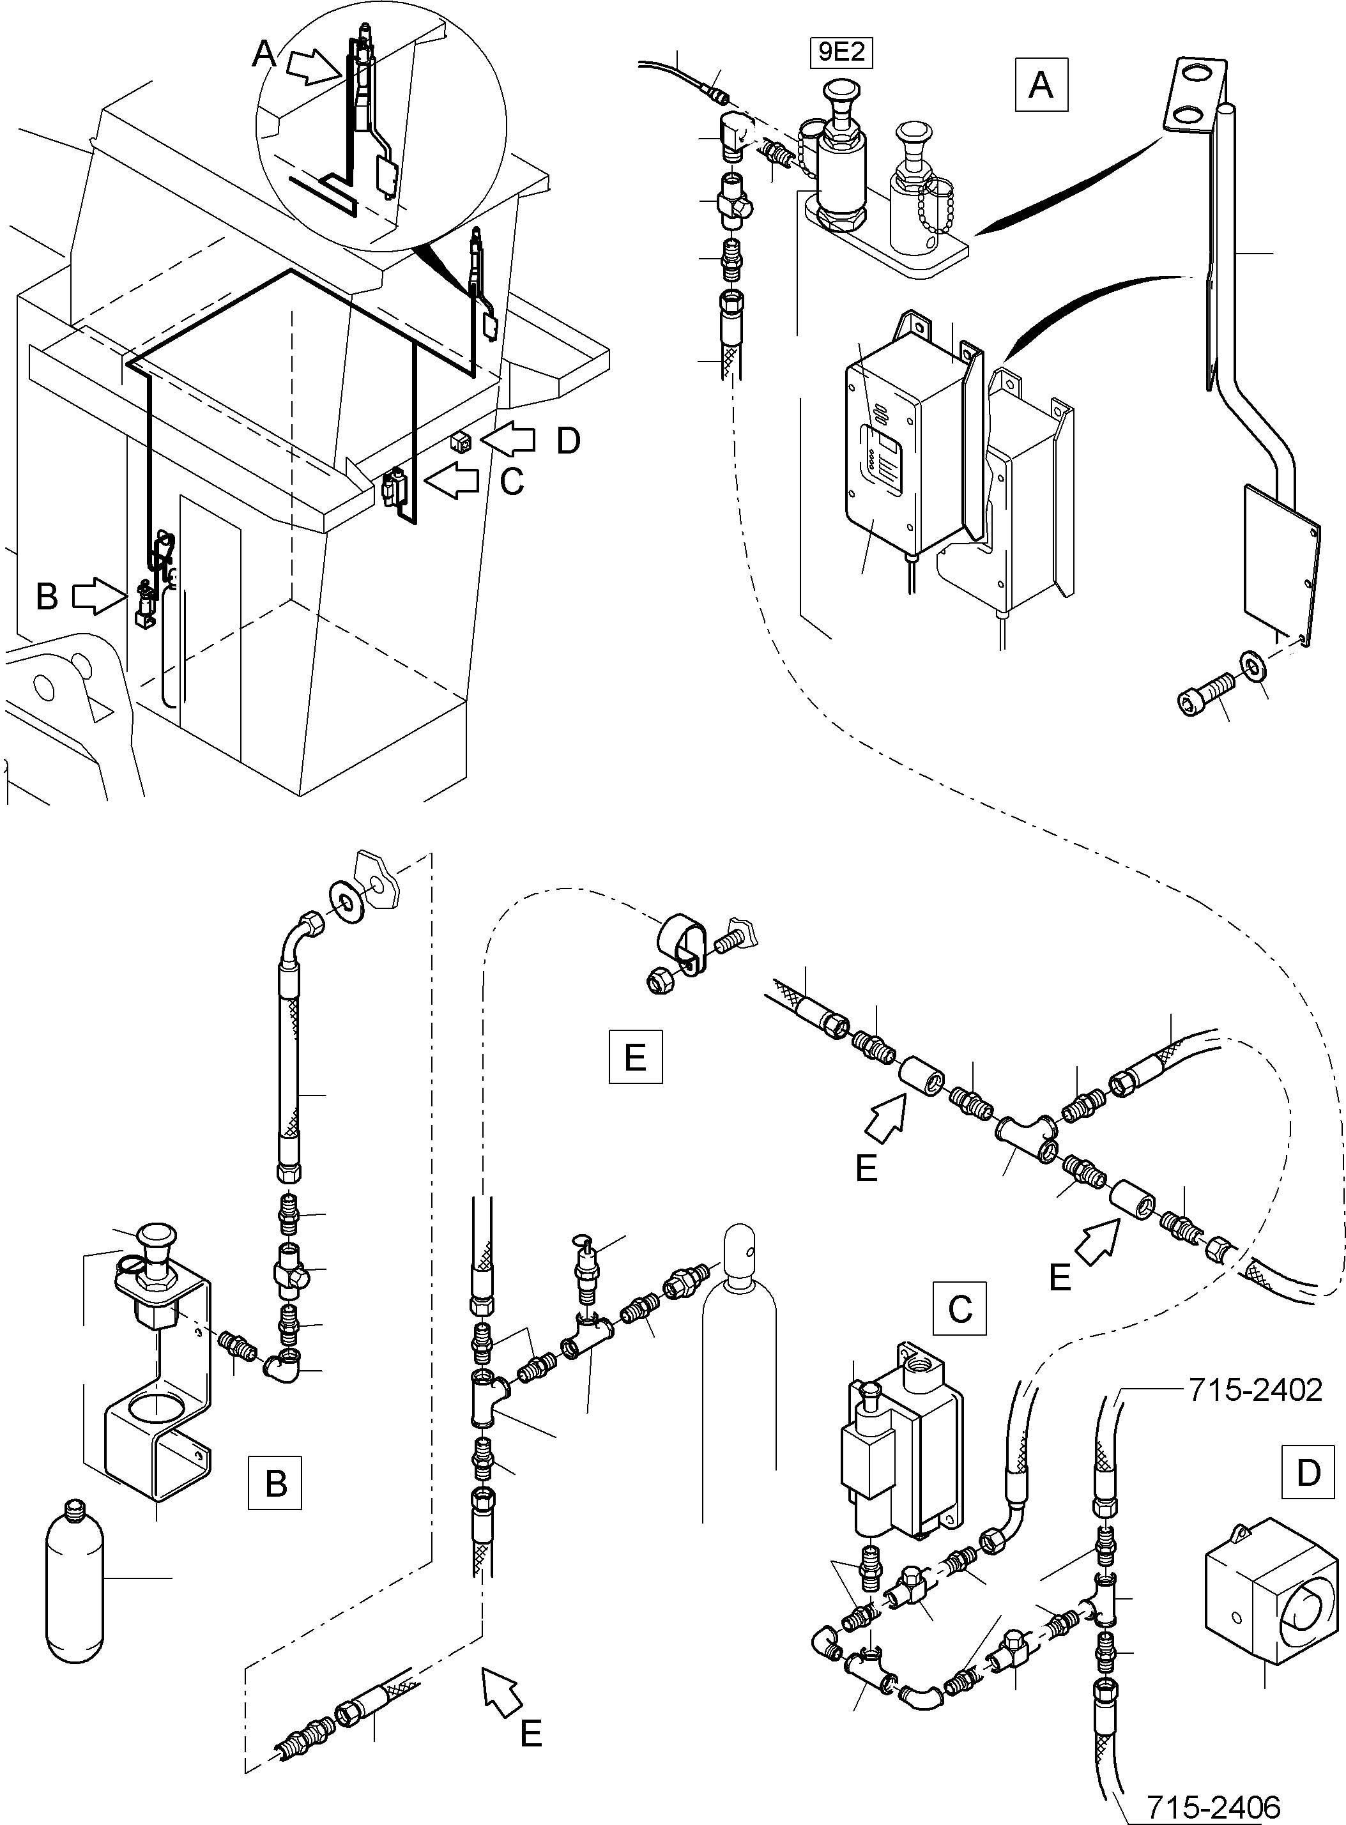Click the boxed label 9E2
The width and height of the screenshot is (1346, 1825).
[x=840, y=53]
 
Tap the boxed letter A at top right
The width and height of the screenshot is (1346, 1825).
[x=1041, y=85]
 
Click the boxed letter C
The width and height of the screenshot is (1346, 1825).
[x=959, y=1308]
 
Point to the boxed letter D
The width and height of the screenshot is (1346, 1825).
[x=1308, y=1471]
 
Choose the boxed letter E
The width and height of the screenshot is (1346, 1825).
[x=636, y=1057]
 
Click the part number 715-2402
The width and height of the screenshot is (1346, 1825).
[x=1255, y=1389]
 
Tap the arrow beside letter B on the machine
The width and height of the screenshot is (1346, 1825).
[x=96, y=597]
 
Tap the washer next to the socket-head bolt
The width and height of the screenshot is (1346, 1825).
[x=1251, y=664]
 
